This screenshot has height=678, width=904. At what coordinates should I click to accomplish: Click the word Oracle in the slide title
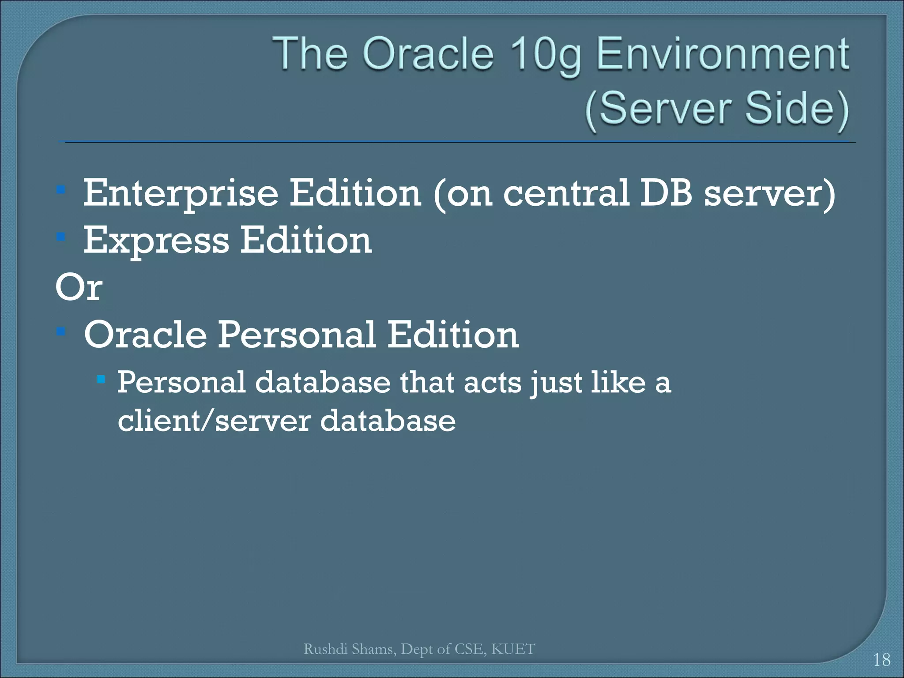pyautogui.click(x=427, y=54)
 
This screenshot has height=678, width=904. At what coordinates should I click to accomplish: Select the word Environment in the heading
pyautogui.click(x=723, y=54)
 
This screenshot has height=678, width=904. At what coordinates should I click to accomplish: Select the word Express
pyautogui.click(x=156, y=241)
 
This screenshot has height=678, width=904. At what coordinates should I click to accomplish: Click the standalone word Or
pyautogui.click(x=79, y=287)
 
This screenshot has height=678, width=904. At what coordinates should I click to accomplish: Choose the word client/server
pyautogui.click(x=215, y=420)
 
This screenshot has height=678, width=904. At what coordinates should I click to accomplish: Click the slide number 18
pyautogui.click(x=881, y=660)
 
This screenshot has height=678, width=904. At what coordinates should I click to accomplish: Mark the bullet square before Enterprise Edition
pyautogui.click(x=61, y=190)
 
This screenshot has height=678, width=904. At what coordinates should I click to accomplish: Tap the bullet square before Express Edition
pyautogui.click(x=61, y=237)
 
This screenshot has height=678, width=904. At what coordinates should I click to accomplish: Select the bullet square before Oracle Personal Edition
pyautogui.click(x=61, y=331)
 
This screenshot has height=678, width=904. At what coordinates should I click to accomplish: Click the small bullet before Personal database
pyautogui.click(x=101, y=379)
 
